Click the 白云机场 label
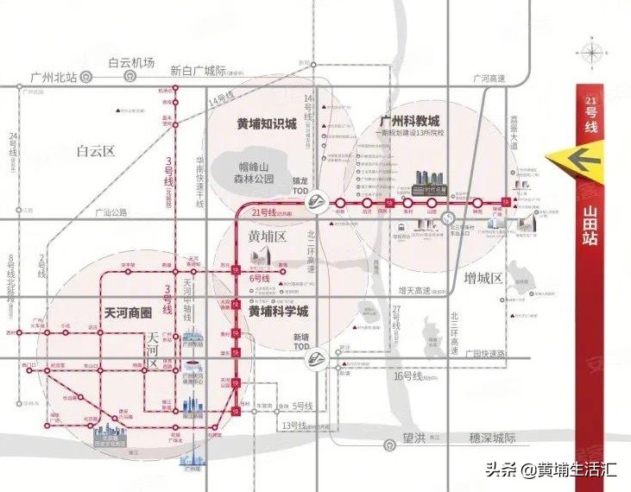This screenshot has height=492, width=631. click(131, 62)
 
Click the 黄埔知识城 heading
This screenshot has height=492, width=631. click(267, 124)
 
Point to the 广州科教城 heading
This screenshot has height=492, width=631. click(410, 121)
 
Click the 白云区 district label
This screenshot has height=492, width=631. click(95, 151)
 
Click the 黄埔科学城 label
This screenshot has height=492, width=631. click(278, 312)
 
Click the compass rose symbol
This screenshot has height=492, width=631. click(592, 54)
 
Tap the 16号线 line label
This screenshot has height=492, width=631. click(410, 375)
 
